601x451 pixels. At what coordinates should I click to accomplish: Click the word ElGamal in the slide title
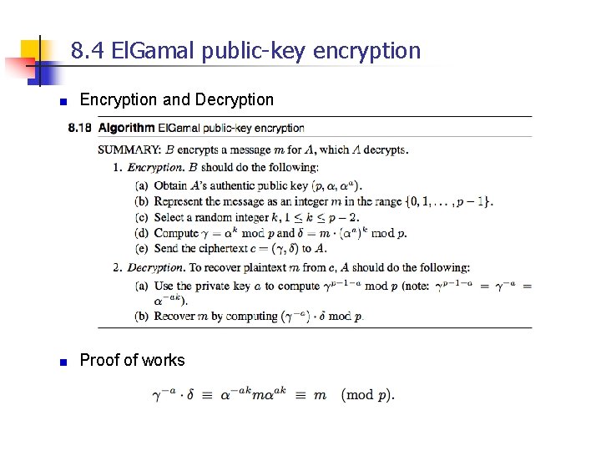(x=140, y=51)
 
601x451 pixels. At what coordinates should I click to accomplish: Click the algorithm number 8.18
(x=82, y=128)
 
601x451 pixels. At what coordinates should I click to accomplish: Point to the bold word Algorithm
(x=126, y=128)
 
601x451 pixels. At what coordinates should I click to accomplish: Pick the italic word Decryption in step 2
(x=155, y=268)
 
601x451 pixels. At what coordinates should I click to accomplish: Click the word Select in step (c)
(x=169, y=217)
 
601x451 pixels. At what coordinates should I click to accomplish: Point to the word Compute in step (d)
(x=176, y=233)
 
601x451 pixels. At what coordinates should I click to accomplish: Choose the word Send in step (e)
(x=167, y=248)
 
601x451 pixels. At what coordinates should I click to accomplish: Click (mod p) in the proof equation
(x=368, y=395)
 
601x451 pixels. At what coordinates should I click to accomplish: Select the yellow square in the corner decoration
(x=30, y=48)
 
